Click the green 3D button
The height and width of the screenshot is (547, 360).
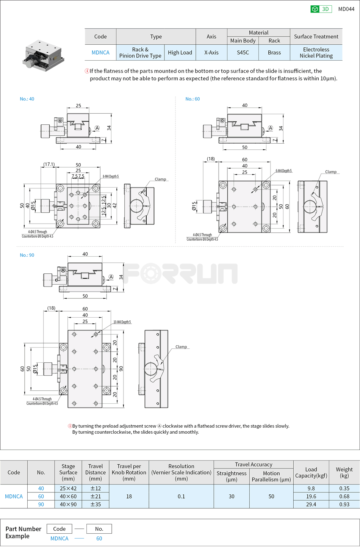[x=321, y=9]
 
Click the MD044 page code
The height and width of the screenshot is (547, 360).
[x=346, y=9]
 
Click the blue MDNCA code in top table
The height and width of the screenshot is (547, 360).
[x=100, y=53]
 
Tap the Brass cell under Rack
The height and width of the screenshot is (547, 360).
[x=274, y=53]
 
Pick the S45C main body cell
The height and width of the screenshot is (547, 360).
[x=243, y=53]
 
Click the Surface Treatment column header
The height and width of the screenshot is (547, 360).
[x=316, y=36]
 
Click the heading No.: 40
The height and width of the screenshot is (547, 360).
[x=27, y=99]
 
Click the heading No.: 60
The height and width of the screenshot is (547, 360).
[x=193, y=99]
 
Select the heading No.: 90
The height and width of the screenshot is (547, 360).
[x=27, y=255]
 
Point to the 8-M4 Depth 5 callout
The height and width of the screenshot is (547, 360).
[x=111, y=177]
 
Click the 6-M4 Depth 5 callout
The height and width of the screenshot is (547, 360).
[x=283, y=171]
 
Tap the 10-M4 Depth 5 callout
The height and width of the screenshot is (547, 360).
[x=122, y=322]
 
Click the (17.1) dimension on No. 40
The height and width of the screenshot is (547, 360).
[x=49, y=165]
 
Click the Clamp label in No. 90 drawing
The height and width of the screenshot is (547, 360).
[x=181, y=347]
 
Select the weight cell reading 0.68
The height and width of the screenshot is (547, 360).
[x=344, y=497]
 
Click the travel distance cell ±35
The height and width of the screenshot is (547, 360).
[x=95, y=505]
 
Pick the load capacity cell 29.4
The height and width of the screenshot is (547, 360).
[x=311, y=505]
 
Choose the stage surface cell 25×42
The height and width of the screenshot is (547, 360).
[x=68, y=489]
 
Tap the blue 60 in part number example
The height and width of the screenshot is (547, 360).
[x=99, y=539]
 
